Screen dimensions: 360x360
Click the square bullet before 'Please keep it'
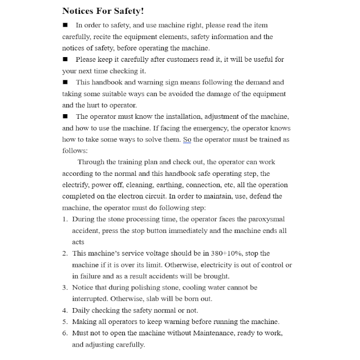click(65, 60)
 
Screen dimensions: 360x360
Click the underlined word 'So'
click(188, 139)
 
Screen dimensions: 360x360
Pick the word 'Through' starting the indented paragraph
click(91, 162)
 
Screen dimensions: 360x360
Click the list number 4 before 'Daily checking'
click(65, 311)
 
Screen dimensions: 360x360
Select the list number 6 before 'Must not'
click(65, 333)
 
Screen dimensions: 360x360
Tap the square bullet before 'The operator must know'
click(65, 117)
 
